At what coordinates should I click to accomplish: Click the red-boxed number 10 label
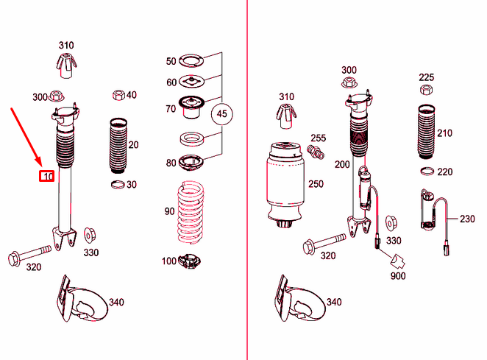[47, 176]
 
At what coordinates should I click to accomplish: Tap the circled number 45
[221, 114]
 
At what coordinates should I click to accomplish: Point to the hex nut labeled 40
[117, 95]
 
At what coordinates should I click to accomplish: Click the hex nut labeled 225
[425, 90]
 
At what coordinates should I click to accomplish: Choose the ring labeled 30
[118, 183]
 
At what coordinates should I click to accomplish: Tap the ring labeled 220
[425, 172]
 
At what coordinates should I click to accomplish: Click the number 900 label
[398, 276]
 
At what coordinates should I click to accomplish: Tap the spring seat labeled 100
[191, 261]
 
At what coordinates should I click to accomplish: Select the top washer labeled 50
[191, 61]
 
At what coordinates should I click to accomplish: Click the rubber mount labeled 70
[191, 108]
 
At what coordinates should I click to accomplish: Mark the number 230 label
[467, 219]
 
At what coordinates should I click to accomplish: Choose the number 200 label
[341, 164]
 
